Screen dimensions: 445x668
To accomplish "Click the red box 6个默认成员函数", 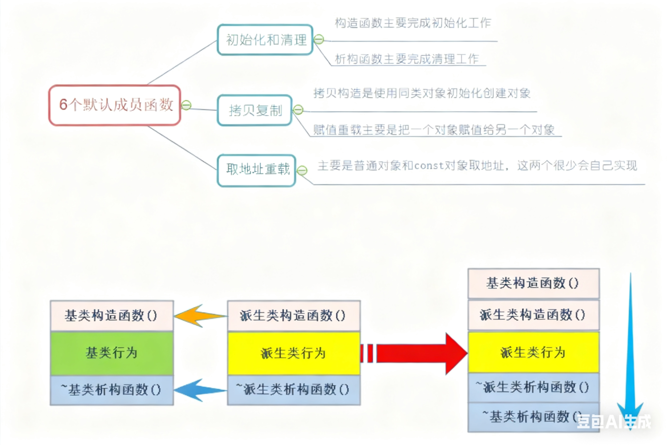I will coord(115,105).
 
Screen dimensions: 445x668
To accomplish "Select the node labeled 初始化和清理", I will coord(265,40).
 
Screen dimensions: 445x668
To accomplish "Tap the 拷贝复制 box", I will coord(255,110).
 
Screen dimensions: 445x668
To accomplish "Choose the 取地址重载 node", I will coord(257,170).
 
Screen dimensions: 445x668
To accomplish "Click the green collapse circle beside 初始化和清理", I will coord(319,39).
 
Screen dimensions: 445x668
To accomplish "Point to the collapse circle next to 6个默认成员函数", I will coord(187,105).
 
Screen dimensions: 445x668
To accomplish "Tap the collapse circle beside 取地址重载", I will coord(302,171).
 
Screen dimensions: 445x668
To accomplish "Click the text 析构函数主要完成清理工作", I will coord(407,59).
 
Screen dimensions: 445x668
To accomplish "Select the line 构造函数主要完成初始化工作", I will coord(413,23).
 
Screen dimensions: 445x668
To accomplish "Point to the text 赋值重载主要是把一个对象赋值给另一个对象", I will coord(434,130).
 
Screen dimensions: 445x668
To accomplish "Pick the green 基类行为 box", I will coord(112,353).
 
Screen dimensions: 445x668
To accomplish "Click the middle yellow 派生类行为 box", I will coord(294,353).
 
